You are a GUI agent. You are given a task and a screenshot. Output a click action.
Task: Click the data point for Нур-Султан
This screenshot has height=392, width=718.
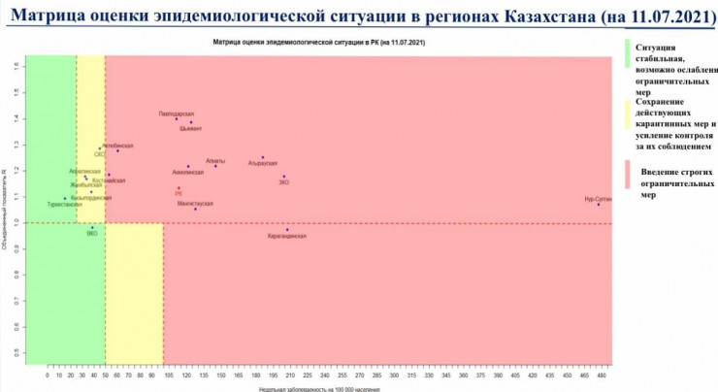click(x=599, y=204)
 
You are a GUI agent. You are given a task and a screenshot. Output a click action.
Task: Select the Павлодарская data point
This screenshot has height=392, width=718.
click(x=177, y=119)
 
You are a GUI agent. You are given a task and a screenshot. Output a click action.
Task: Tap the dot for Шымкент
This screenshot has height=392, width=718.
click(x=191, y=122)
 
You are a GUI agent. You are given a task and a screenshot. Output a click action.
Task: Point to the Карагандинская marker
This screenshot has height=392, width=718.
click(x=287, y=230)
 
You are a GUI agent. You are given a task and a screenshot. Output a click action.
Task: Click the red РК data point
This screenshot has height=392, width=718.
click(x=179, y=188)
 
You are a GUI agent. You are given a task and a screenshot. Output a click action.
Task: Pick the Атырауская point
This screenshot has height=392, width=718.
click(x=262, y=157)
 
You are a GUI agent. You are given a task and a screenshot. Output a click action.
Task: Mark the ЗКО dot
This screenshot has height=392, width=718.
click(x=284, y=177)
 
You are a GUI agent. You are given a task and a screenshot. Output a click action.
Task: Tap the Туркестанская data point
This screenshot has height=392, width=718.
click(x=65, y=199)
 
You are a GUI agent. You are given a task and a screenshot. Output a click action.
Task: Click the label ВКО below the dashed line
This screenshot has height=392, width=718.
click(x=92, y=234)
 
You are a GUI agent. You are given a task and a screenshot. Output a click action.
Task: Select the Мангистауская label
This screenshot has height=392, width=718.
click(x=195, y=204)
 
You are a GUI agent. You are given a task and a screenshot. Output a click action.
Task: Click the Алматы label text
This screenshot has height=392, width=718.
click(x=215, y=160)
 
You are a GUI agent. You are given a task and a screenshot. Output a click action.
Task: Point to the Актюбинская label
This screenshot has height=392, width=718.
click(x=117, y=146)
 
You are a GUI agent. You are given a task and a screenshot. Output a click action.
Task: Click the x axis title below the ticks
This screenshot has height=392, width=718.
click(x=307, y=387)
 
